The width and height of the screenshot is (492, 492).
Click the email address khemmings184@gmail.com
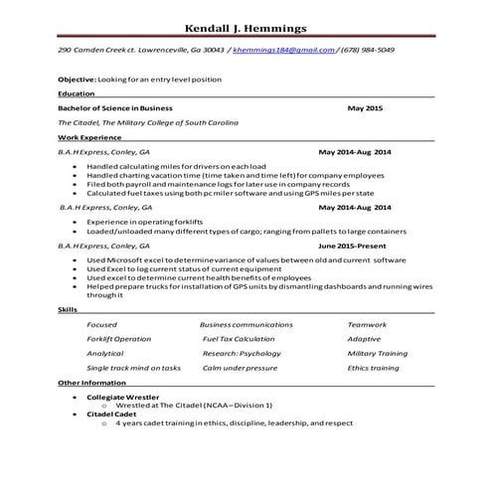coord(285,49)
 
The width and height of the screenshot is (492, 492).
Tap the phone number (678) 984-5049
coord(366,49)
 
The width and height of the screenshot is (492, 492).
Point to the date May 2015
coord(364,106)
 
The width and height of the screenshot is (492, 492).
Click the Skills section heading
coord(68,310)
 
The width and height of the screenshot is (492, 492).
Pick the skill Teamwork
coord(367,325)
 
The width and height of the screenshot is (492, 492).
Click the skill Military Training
coord(377,353)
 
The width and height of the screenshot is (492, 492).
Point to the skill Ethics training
coord(373,367)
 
